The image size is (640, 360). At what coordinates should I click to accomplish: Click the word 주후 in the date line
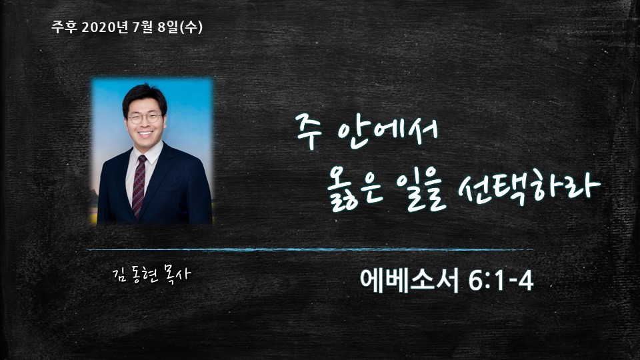tap(64, 27)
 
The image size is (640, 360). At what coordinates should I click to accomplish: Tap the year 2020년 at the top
tap(105, 27)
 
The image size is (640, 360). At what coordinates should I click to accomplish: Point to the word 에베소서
tap(410, 280)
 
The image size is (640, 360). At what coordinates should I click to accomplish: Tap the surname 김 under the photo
tap(119, 275)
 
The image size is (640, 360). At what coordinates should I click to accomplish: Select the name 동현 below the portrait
tap(145, 275)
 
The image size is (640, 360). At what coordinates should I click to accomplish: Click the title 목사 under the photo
tap(177, 274)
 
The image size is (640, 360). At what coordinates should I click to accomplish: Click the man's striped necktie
tap(139, 186)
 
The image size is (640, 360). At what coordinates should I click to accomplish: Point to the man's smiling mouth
tap(145, 133)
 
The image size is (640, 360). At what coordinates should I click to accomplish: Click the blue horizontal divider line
tap(311, 249)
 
